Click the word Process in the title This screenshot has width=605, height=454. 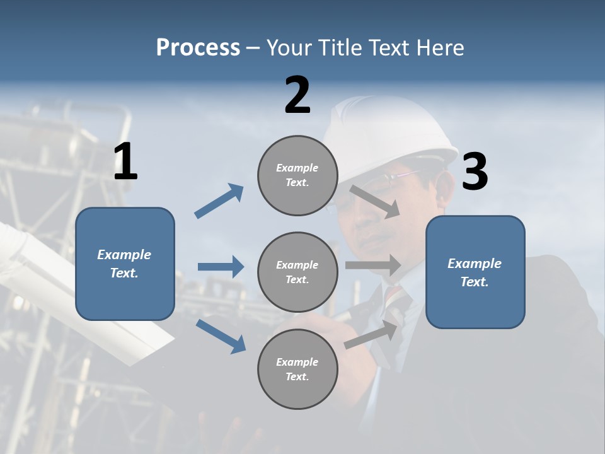tap(198, 48)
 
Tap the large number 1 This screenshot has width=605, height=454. tap(125, 162)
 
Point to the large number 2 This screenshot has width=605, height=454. tap(297, 95)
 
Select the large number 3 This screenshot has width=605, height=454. tap(475, 172)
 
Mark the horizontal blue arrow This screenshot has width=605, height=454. tap(221, 267)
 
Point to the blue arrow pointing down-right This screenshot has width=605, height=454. tap(221, 336)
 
